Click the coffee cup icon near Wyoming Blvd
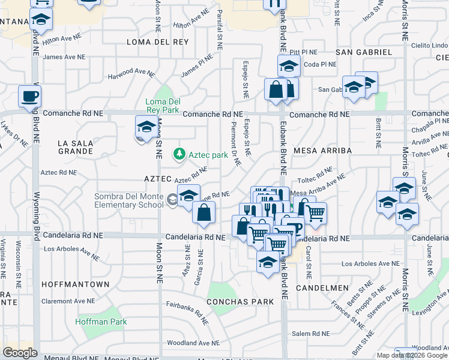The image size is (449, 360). (x=29, y=96)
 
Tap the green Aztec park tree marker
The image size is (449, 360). (x=179, y=155)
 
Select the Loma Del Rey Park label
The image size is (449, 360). (x=163, y=106)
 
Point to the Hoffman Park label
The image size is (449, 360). (x=101, y=322)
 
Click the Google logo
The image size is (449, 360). (x=19, y=353)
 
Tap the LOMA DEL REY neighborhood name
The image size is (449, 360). (x=158, y=42)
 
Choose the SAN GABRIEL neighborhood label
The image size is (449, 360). (x=364, y=52)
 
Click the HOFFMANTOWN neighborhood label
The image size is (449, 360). (x=76, y=284)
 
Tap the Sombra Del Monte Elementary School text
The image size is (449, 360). (x=128, y=200)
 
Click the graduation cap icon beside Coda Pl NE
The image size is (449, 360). (x=288, y=66)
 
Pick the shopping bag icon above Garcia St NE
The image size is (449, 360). (x=204, y=213)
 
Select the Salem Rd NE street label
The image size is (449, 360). (x=310, y=334)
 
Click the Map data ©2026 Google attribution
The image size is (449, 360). (x=411, y=355)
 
